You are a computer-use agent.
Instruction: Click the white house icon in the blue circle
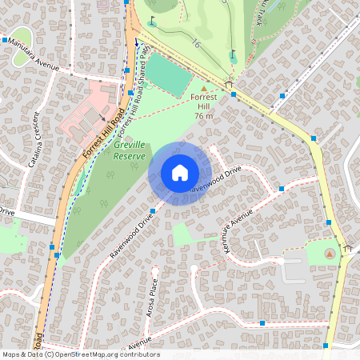[179, 173]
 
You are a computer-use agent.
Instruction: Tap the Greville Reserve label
[129, 150]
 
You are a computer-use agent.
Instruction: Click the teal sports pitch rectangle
[166, 74]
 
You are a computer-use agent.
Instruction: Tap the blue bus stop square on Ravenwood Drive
[152, 211]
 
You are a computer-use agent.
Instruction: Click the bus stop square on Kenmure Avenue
[282, 190]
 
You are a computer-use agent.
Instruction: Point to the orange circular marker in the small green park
[329, 253]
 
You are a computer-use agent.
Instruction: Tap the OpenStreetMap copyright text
[80, 354]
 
